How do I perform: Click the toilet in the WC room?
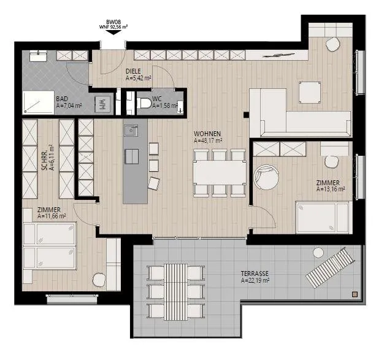click(x=144, y=103)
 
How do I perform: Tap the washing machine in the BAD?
click(x=102, y=105)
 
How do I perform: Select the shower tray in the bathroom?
click(x=39, y=102)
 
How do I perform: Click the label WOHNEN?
click(x=207, y=134)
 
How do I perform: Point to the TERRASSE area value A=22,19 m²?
click(x=255, y=280)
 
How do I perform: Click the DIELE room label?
click(x=133, y=71)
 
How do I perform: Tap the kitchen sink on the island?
click(x=131, y=131)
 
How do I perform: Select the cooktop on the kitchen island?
click(x=132, y=156)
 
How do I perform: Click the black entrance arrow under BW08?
click(x=113, y=32)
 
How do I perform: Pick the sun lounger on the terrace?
click(x=330, y=267)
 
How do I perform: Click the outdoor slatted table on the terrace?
click(x=175, y=292)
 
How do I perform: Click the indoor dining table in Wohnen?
click(x=220, y=172)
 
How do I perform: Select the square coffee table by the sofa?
click(x=310, y=93)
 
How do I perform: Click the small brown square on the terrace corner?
click(x=355, y=294)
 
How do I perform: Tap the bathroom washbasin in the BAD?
click(x=38, y=56)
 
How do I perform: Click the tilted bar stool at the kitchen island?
click(x=154, y=183)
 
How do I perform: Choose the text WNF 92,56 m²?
click(x=113, y=27)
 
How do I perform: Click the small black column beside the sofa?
click(x=246, y=115)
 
